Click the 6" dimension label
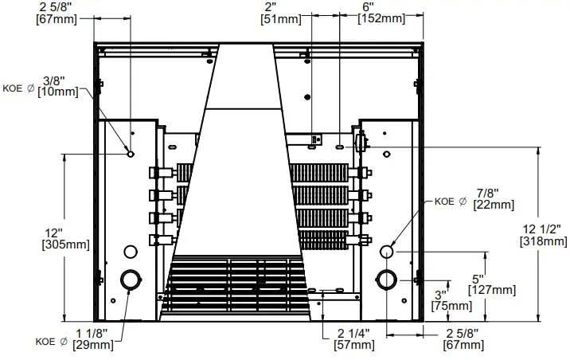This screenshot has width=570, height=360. click(367, 6)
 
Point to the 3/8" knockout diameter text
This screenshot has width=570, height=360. click(53, 80)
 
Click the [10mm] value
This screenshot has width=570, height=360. click(53, 92)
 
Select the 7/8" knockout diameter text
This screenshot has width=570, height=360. click(484, 194)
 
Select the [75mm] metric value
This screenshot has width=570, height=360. click(447, 305)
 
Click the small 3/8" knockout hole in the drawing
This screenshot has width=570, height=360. click(131, 153)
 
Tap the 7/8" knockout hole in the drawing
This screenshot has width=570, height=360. click(387, 252)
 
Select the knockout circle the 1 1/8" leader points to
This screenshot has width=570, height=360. click(129, 280)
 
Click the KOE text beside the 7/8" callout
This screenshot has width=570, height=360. click(443, 202)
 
